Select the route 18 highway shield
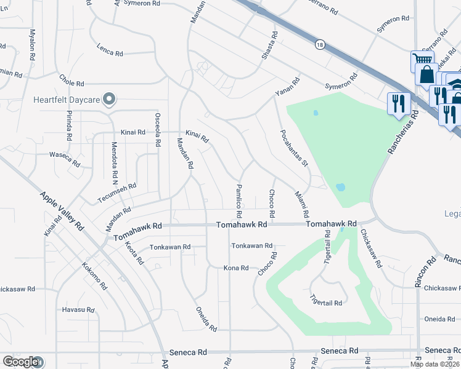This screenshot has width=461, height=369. click(319, 44)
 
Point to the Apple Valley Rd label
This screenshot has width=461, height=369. click(62, 210)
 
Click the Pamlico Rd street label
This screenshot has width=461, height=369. click(238, 200)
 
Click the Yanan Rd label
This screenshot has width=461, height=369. click(287, 88)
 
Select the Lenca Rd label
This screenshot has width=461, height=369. click(110, 50)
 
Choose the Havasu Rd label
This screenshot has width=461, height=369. click(78, 309)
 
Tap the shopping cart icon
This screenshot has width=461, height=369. click(422, 60)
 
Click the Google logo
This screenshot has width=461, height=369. click(21, 361)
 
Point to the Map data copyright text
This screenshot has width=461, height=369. click(434, 364)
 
